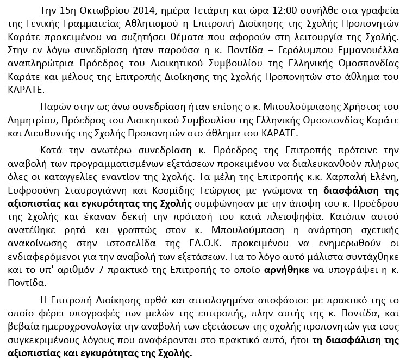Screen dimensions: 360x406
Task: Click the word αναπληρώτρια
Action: coord(36,63)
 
